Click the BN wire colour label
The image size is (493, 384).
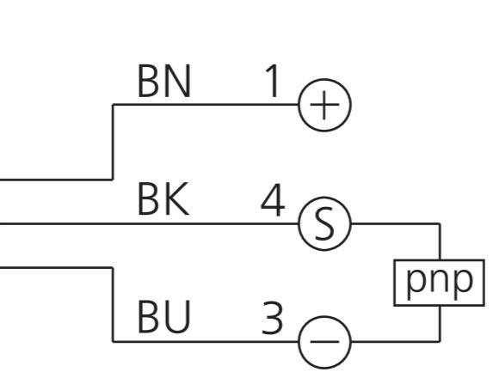coord(164,81)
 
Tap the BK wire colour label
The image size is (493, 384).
coord(163,198)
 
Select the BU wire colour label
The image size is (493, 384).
coord(163,316)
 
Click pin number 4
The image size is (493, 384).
coord(273,199)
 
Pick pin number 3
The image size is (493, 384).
coord(272,318)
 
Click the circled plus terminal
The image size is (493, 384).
coord(324,105)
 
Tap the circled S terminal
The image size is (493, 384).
coord(324,223)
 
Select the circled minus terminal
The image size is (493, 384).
coord(324,342)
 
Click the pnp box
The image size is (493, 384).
coord(439,283)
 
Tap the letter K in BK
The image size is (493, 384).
coord(176,198)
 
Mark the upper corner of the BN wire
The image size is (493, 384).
coord(113,105)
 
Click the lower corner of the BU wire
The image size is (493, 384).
coord(113,341)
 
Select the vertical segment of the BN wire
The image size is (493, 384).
coord(113,142)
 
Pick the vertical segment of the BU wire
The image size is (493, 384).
coord(113,305)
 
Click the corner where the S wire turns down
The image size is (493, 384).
coord(440,224)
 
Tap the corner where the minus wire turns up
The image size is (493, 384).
coord(440,341)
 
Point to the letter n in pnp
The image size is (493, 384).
coord(440,280)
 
